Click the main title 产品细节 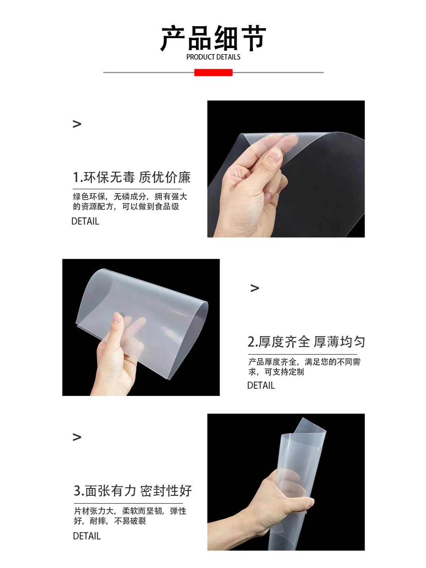(x=213, y=39)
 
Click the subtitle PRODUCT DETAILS (x=213, y=57)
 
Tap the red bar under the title (x=213, y=72)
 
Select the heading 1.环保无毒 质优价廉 (x=132, y=177)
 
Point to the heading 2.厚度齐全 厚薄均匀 (x=306, y=342)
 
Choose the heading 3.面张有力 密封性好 (x=133, y=491)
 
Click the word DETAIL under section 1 (x=85, y=221)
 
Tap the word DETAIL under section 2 (x=261, y=386)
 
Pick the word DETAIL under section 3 (x=87, y=536)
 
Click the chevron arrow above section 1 (x=77, y=124)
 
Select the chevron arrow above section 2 (x=255, y=288)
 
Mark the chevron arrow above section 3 (x=77, y=437)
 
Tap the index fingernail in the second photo (x=117, y=318)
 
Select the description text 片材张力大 (x=95, y=511)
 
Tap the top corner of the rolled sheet (x=303, y=420)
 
